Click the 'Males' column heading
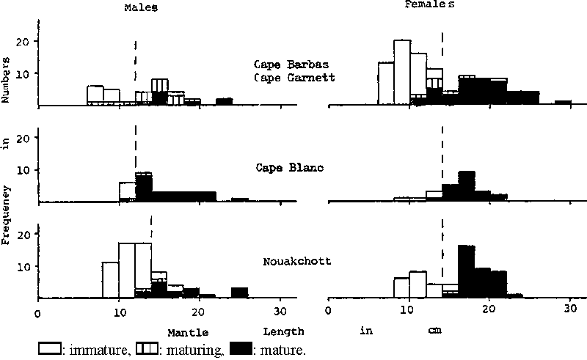(139, 7)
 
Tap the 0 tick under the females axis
(328, 310)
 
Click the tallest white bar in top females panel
(402, 72)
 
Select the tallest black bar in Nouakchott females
(466, 271)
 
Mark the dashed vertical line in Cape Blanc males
(136, 154)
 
